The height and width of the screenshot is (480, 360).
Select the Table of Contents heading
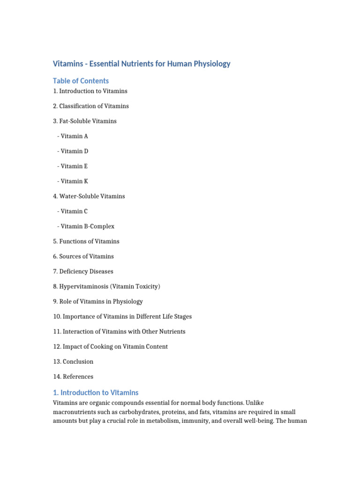coord(81,81)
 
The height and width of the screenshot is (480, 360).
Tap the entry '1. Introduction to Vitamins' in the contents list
coord(90,91)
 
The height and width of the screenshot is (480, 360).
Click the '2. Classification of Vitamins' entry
coord(91,106)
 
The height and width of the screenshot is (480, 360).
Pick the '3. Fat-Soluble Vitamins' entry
coord(85,121)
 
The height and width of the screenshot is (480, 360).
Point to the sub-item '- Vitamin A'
coord(73,136)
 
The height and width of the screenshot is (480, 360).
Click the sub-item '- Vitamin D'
coord(73,151)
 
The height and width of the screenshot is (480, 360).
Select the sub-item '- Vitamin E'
coord(73,166)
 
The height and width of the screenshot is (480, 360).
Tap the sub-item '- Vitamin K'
coord(73,181)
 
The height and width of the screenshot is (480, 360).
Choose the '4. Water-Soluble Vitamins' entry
coord(89,196)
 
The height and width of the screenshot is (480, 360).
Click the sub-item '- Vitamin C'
coord(73,211)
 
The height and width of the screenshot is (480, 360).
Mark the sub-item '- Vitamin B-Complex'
coord(86,226)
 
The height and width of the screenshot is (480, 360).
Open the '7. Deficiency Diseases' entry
coord(83,271)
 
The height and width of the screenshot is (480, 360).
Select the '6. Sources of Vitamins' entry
coord(83,256)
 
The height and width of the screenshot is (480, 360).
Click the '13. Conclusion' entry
coord(73,361)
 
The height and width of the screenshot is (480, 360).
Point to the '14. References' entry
coord(73,376)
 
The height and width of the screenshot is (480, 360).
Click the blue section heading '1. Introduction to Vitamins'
coord(96,392)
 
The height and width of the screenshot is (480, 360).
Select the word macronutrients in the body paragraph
coord(77,412)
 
